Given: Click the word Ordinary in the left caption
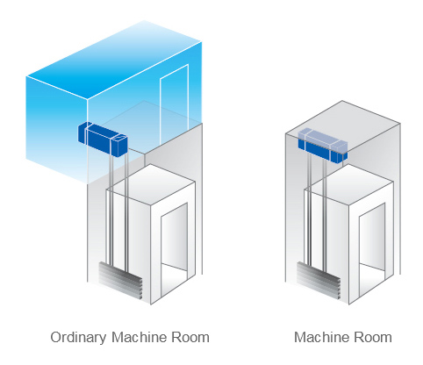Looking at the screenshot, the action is click(x=78, y=338).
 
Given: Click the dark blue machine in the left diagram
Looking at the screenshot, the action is click(x=103, y=140).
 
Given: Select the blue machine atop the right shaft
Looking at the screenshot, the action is click(x=323, y=145).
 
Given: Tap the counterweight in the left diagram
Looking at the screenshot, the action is click(x=120, y=281).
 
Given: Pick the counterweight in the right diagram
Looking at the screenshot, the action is click(x=319, y=281).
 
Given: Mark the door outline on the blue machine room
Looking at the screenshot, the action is click(x=174, y=104).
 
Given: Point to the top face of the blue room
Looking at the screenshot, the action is click(x=114, y=60).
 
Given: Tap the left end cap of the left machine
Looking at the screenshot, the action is click(x=83, y=134).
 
